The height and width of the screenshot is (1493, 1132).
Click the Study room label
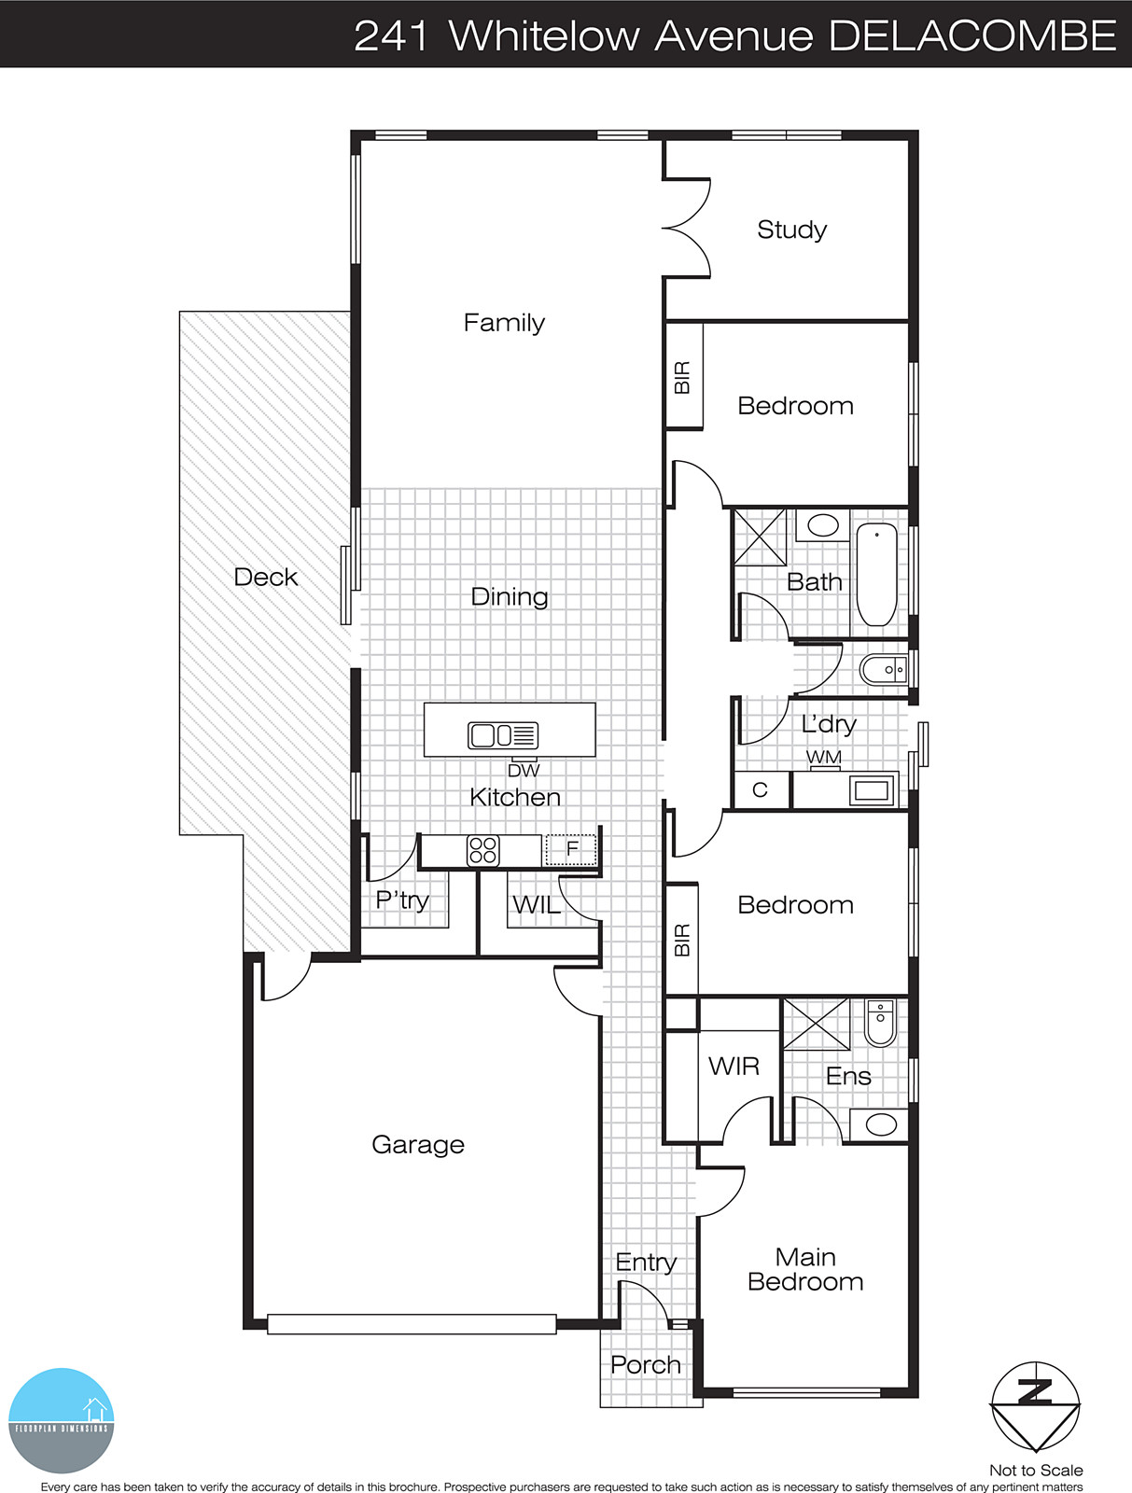coord(791,230)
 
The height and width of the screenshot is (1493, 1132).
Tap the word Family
coord(504,323)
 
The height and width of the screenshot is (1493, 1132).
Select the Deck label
coord(266,578)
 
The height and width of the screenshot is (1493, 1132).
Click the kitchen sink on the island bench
coord(503,735)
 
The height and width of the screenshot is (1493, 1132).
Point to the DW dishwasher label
coord(524,771)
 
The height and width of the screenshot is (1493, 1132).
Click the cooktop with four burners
coord(482,850)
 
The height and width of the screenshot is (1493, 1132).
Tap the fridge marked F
coord(572,849)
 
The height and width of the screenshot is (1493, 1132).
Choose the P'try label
coord(402,900)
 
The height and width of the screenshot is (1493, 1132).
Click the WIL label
coord(537,904)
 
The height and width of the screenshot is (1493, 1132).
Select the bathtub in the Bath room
coord(876,574)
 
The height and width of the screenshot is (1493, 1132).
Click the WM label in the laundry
coord(824,757)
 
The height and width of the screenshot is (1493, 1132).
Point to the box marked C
coord(760,790)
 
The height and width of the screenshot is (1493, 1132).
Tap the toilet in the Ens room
coord(880,1023)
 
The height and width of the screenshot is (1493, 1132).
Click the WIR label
coord(734,1066)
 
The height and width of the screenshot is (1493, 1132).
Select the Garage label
coord(418,1145)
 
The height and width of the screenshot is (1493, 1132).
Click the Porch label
coord(645,1365)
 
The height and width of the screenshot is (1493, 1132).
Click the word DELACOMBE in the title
coord(972,35)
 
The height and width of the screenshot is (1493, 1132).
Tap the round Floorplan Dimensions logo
coord(62,1420)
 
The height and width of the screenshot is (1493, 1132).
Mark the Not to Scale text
coord(1036,1470)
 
